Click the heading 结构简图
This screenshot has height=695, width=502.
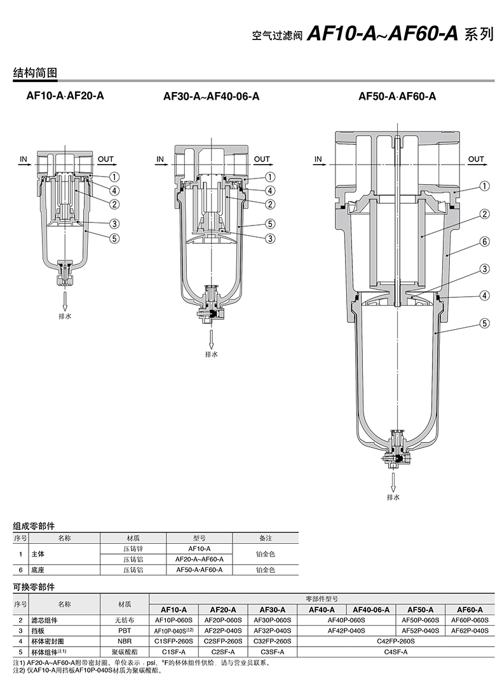tap(35, 72)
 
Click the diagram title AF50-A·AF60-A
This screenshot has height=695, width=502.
tap(397, 96)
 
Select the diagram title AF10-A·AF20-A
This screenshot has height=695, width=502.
tap(65, 96)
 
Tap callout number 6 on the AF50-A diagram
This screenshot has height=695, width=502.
tap(485, 241)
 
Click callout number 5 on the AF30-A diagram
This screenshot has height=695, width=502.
tap(270, 224)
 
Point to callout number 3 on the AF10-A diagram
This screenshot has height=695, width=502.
tap(114, 224)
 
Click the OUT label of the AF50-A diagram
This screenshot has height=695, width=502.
tap(476, 159)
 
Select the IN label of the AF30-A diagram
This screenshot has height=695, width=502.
tap(160, 159)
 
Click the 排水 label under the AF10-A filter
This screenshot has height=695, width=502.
tap(65, 316)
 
